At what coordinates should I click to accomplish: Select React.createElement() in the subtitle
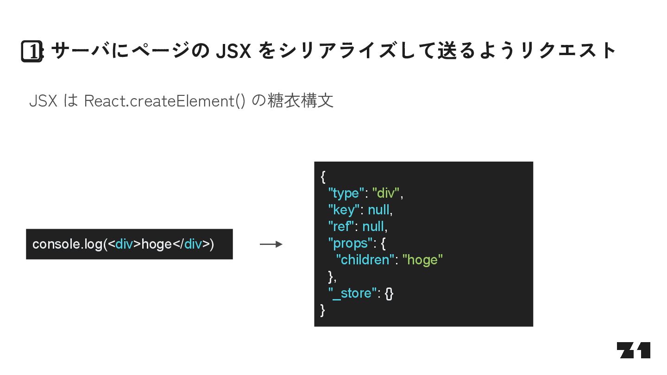(x=164, y=100)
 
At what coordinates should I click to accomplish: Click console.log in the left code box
(x=67, y=244)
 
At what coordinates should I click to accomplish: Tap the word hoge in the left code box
(x=157, y=244)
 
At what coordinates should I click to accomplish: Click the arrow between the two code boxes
(x=271, y=244)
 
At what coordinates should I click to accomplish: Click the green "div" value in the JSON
(x=386, y=193)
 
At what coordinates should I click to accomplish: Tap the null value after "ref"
(x=373, y=226)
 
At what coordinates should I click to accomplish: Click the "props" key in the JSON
(x=350, y=243)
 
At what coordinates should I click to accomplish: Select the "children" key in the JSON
(x=365, y=260)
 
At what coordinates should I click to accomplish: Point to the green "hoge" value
(x=422, y=260)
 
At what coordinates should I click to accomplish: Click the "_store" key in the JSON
(x=352, y=293)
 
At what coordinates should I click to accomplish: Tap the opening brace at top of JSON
(x=323, y=176)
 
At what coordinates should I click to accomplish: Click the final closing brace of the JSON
(x=323, y=310)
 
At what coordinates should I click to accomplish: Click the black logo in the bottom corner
(x=633, y=350)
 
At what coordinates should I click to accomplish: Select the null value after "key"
(x=379, y=210)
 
